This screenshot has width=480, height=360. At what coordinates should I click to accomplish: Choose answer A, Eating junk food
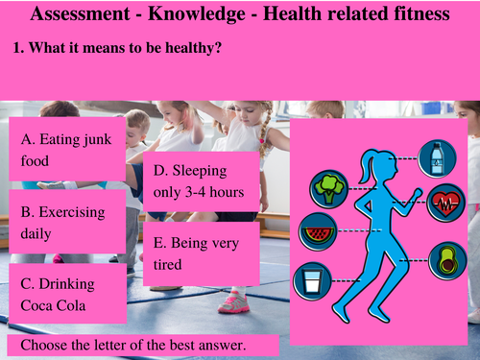67,150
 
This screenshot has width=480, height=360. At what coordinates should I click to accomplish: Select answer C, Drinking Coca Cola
67,297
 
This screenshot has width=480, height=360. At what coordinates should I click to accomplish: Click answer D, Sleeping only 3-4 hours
202,181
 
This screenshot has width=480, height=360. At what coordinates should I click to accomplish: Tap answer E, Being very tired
202,253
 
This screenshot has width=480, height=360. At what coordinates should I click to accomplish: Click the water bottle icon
438,157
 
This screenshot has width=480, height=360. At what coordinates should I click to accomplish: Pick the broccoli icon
330,184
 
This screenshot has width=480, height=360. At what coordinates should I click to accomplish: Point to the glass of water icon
310,280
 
